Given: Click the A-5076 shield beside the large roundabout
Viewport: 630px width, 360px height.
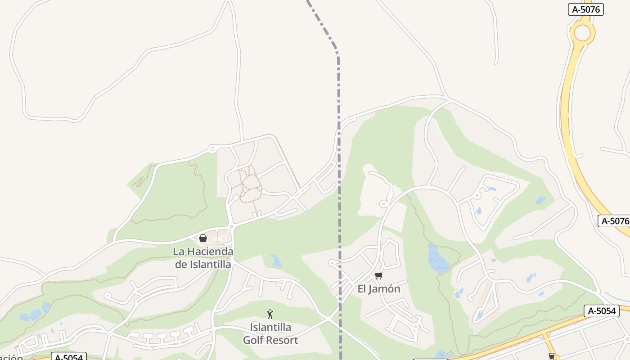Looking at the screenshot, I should click(585, 9).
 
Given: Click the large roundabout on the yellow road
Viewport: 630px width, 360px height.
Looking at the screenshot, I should click(582, 32).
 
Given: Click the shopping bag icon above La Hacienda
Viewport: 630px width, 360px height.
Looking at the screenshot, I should click(203, 238).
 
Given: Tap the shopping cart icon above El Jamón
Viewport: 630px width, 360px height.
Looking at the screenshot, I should click(378, 275).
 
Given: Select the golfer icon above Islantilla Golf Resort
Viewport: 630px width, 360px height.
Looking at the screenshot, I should click(270, 314).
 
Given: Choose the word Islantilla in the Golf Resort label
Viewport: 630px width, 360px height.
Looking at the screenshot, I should click(270, 327).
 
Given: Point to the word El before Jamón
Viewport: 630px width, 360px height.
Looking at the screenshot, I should click(362, 289).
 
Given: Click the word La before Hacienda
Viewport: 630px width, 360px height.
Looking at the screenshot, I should click(179, 252).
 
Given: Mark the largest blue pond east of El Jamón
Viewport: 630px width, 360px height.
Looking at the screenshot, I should click(437, 259).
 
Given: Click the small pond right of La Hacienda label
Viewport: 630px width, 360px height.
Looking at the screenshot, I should click(276, 261).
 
